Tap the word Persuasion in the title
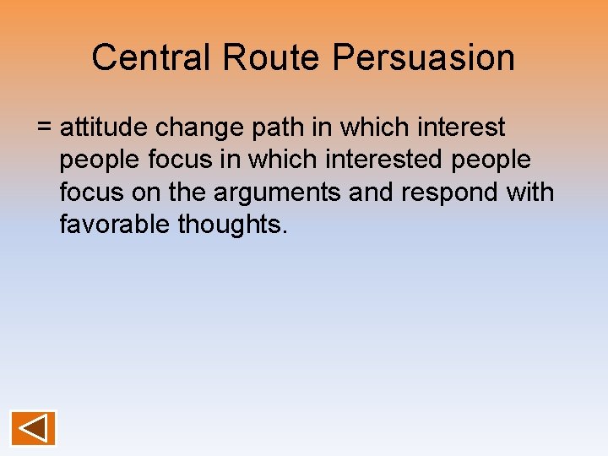423,57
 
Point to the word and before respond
372,193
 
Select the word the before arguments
188,193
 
